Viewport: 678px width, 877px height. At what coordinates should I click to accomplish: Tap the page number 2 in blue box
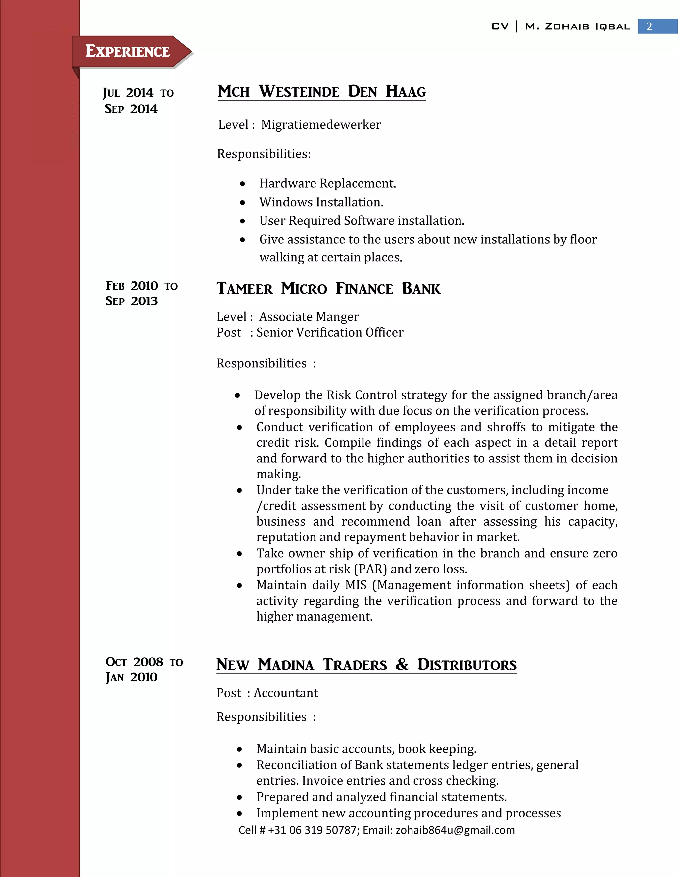click(649, 26)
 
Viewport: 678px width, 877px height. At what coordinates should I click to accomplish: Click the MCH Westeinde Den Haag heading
click(322, 92)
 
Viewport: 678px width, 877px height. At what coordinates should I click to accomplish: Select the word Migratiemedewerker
click(320, 125)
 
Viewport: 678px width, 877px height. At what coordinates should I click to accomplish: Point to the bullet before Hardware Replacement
click(242, 184)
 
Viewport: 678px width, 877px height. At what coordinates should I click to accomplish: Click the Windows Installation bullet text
click(321, 202)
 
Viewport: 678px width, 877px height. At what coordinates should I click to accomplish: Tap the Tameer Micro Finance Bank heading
click(328, 289)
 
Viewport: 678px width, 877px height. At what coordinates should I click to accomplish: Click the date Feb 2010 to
click(141, 286)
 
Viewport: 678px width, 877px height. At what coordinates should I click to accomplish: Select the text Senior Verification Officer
click(329, 333)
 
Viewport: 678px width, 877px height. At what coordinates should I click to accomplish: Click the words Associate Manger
click(309, 317)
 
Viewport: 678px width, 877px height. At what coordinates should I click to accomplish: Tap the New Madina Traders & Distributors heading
click(366, 665)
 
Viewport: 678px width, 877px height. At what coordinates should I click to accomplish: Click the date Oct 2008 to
click(144, 662)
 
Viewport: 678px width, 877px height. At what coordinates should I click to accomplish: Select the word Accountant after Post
click(286, 693)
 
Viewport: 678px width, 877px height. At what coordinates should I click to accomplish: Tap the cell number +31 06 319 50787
click(313, 830)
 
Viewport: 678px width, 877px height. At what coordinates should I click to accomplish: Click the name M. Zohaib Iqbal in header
click(577, 27)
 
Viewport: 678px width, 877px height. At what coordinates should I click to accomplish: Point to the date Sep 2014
click(131, 109)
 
